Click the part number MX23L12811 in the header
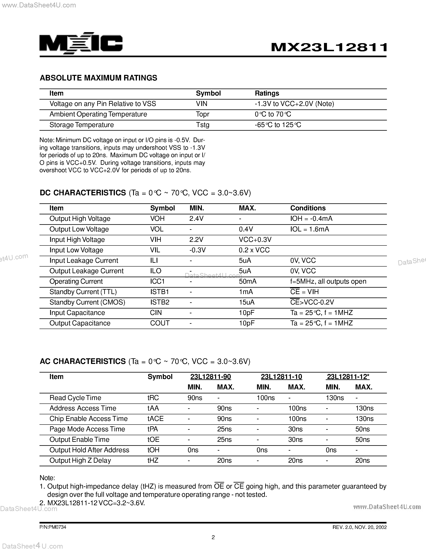[329, 47]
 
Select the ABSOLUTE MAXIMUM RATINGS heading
[98, 78]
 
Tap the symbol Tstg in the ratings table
[203, 125]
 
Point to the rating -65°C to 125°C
[278, 125]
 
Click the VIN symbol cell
[202, 104]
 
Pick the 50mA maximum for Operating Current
[248, 281]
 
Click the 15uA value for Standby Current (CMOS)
[247, 302]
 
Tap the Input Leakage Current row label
[84, 261]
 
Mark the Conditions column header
[308, 208]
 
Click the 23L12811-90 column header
[210, 377]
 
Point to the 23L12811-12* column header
[348, 377]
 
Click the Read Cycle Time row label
[75, 398]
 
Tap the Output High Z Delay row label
[80, 460]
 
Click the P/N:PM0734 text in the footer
[53, 527]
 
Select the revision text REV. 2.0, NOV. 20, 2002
[359, 527]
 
